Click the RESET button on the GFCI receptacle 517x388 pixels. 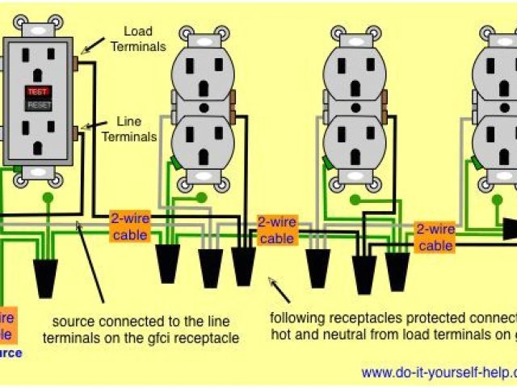(x=37, y=105)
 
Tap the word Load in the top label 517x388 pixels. (x=138, y=32)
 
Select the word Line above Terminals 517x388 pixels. (x=130, y=120)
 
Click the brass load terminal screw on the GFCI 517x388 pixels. (x=75, y=62)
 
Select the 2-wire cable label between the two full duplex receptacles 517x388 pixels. (x=276, y=230)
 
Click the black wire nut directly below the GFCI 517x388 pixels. (x=44, y=275)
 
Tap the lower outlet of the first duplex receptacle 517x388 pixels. (x=201, y=143)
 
